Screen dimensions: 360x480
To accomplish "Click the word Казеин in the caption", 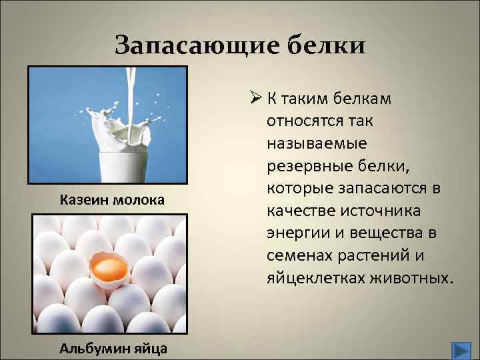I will tap(82, 199).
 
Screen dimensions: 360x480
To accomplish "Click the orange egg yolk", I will tap(111, 269).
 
